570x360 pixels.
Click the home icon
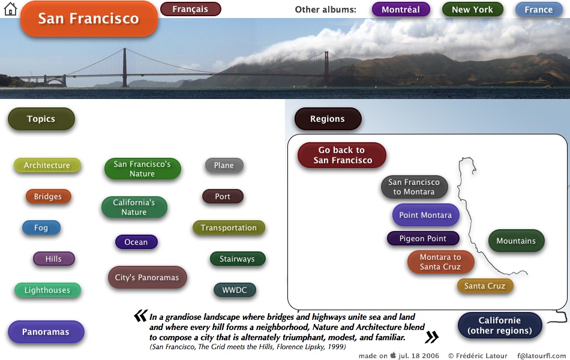(x=10, y=9)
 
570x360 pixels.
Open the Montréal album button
(x=401, y=10)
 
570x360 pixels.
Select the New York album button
(x=472, y=10)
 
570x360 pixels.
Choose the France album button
(x=538, y=10)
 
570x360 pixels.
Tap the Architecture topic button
(x=47, y=166)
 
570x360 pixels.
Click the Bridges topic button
(x=48, y=197)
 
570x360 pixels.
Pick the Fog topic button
(x=41, y=228)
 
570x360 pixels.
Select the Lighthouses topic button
(x=47, y=290)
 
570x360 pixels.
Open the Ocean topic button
(x=136, y=242)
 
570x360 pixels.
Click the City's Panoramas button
(x=147, y=277)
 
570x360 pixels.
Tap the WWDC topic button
(x=235, y=290)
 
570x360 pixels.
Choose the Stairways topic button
(x=238, y=259)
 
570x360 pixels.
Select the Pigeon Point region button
(x=423, y=239)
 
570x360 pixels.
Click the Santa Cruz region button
(x=485, y=286)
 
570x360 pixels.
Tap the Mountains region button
(x=516, y=241)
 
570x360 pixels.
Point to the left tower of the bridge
(x=125, y=67)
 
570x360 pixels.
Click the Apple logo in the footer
(x=393, y=355)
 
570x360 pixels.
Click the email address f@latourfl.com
(x=541, y=356)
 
